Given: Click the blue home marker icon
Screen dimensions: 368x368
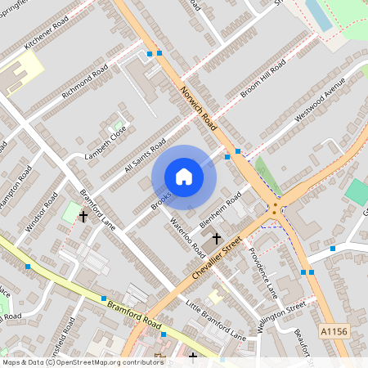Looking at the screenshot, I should [184, 177].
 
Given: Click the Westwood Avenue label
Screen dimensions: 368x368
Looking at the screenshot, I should [321, 101].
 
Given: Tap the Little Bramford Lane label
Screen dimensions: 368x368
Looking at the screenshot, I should [215, 320].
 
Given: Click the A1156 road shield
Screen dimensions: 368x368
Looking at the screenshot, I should [333, 332].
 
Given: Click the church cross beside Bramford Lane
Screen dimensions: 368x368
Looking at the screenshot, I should [83, 217].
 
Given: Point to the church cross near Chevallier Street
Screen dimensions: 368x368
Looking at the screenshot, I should [217, 238].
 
